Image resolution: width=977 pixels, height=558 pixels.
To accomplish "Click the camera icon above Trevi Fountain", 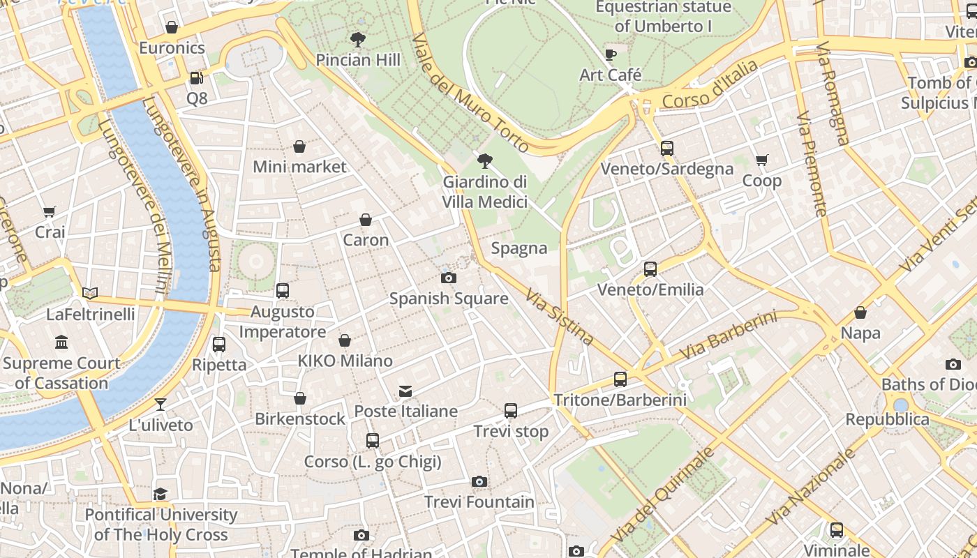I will pyautogui.click(x=479, y=481).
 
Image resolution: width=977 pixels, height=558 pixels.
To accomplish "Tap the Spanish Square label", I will pyautogui.click(x=448, y=299).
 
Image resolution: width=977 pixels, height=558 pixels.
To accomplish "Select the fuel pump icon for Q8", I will pyautogui.click(x=197, y=78).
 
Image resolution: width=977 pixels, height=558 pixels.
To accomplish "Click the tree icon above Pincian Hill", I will pyautogui.click(x=358, y=40).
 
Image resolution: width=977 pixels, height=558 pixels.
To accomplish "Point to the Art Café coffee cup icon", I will pyautogui.click(x=611, y=54).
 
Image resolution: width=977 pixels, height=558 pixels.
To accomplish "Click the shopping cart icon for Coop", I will pyautogui.click(x=762, y=160).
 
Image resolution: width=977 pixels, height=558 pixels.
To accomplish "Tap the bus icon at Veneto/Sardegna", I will pyautogui.click(x=667, y=148).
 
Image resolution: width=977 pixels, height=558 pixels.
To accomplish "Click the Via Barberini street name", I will pyautogui.click(x=728, y=335).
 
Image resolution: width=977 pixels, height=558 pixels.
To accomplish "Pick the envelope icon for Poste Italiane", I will pyautogui.click(x=405, y=391).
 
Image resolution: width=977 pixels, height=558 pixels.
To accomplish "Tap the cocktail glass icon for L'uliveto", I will pyautogui.click(x=161, y=405).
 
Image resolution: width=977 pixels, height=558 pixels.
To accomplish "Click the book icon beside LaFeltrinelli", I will pyautogui.click(x=90, y=293).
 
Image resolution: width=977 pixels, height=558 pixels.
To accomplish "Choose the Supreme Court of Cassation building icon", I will pyautogui.click(x=61, y=342).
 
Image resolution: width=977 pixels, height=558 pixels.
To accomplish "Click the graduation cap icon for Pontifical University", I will pyautogui.click(x=161, y=494).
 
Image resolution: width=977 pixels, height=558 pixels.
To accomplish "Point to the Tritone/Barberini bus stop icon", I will pyautogui.click(x=620, y=379).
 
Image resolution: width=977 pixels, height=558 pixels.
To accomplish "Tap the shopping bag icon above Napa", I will pyautogui.click(x=860, y=313).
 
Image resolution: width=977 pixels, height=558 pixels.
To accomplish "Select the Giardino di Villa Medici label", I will pyautogui.click(x=484, y=192).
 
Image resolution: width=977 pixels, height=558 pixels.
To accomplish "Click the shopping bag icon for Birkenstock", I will pyautogui.click(x=300, y=398).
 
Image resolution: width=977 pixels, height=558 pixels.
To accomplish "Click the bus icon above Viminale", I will pyautogui.click(x=836, y=530).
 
